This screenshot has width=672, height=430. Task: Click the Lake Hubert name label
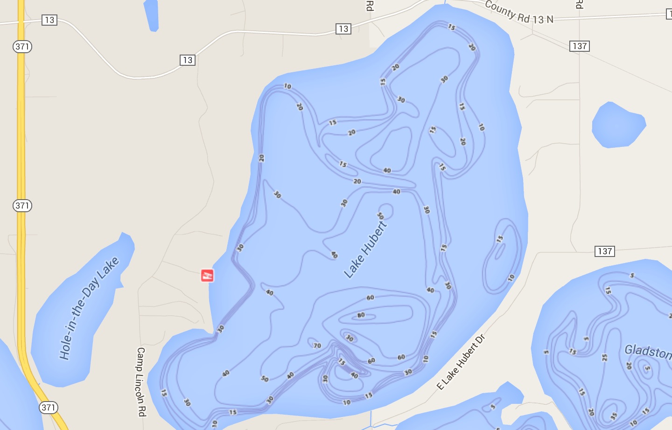pyautogui.click(x=365, y=250)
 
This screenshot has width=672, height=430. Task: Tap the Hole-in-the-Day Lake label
pyautogui.click(x=89, y=308)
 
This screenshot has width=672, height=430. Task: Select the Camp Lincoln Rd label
pyautogui.click(x=141, y=381)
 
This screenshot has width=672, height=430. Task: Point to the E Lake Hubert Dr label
pyautogui.click(x=461, y=362)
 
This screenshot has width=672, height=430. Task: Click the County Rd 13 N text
pyautogui.click(x=519, y=13)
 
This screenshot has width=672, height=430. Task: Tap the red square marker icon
pyautogui.click(x=207, y=276)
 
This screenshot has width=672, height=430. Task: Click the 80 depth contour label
pyautogui.click(x=361, y=315)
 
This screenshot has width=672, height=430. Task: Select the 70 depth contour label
pyautogui.click(x=317, y=346)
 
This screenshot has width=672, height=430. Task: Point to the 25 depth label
pyautogui.click(x=605, y=358)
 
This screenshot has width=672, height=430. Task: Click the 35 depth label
pyautogui.click(x=614, y=416)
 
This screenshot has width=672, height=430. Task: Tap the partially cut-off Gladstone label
pyautogui.click(x=648, y=351)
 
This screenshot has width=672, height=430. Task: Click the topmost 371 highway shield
pyautogui.click(x=22, y=47)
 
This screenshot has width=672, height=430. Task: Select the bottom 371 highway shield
pyautogui.click(x=48, y=408)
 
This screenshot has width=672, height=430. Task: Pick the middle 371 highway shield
pyautogui.click(x=22, y=206)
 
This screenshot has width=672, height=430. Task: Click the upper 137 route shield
pyautogui.click(x=580, y=46)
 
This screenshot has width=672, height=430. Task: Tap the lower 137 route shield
pyautogui.click(x=605, y=251)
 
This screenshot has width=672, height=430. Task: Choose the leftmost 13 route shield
pyautogui.click(x=49, y=20)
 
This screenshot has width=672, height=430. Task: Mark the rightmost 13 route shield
pyautogui.click(x=343, y=29)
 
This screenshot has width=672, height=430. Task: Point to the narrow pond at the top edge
pyautogui.click(x=151, y=14)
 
